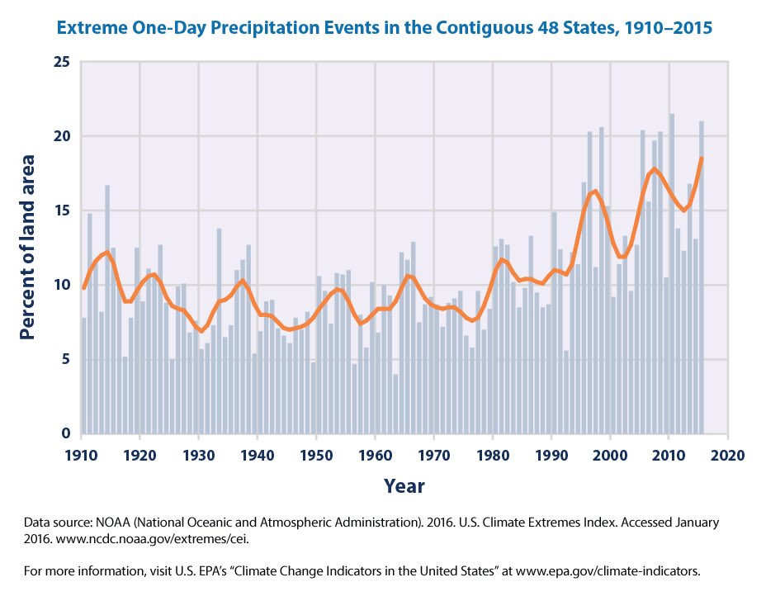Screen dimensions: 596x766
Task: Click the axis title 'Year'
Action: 404,485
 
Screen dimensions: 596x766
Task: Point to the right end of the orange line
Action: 702,158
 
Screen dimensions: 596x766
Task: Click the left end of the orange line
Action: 83,287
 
